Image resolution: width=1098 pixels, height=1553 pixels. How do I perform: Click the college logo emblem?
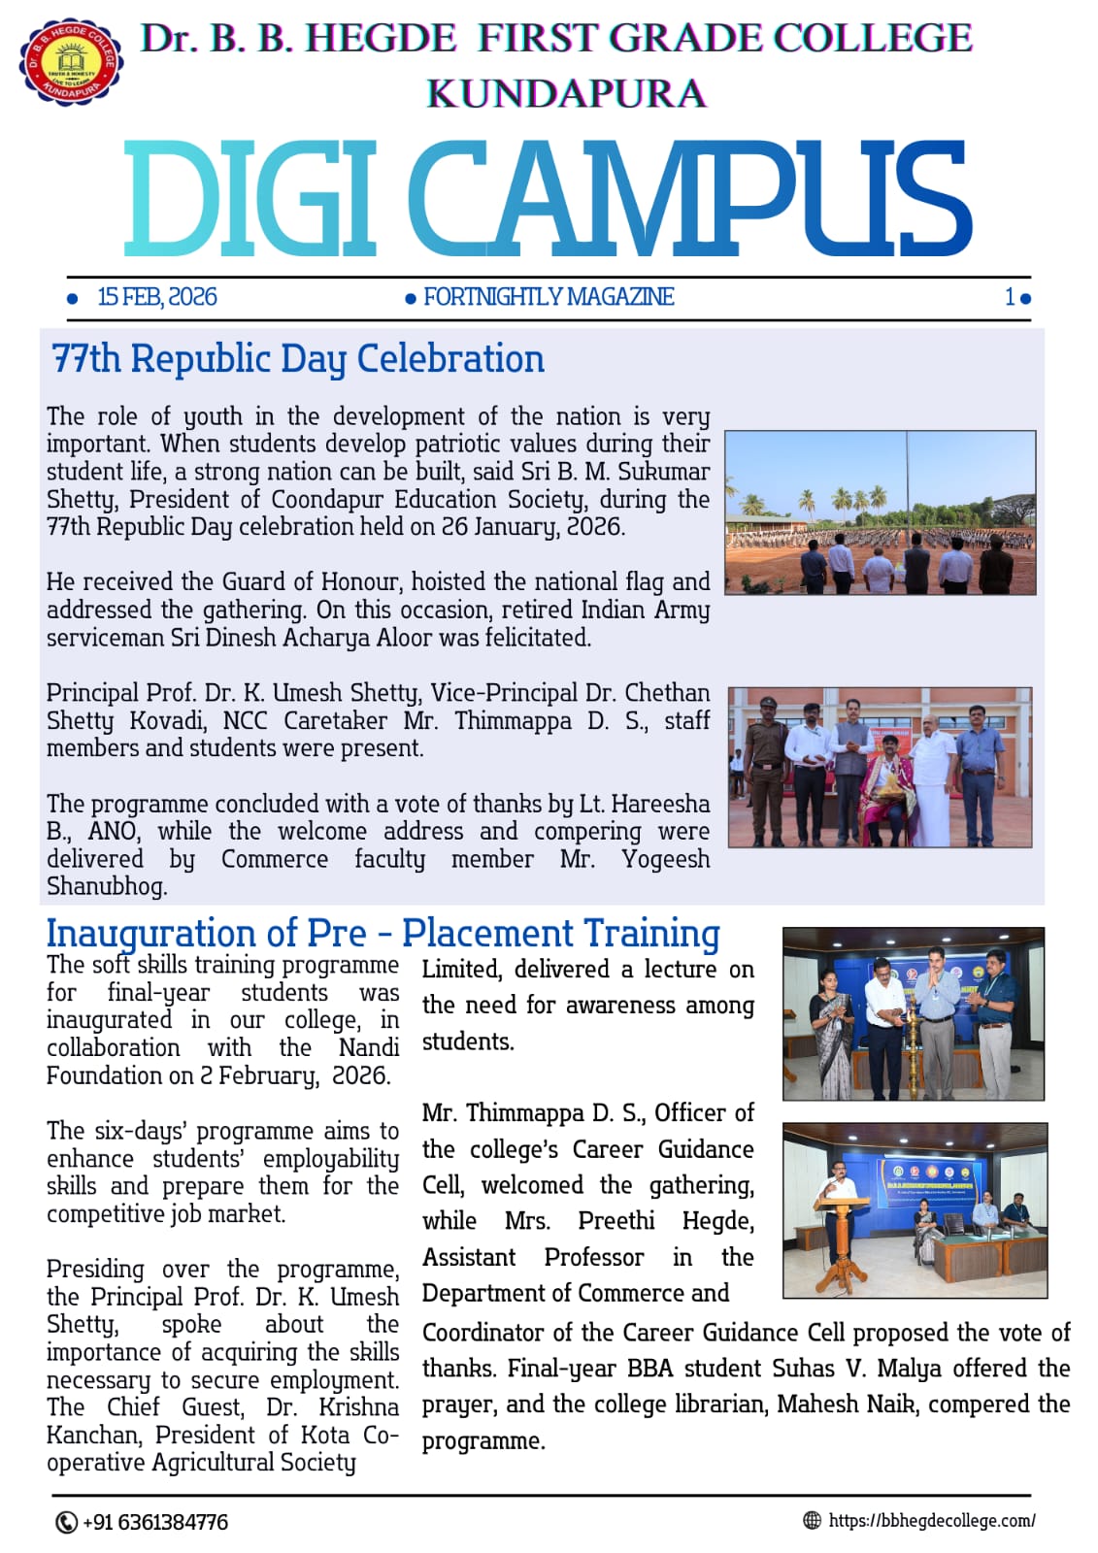tap(71, 61)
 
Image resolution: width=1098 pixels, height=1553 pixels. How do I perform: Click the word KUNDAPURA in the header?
tap(566, 94)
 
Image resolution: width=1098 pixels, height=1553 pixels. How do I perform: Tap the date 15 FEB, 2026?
tap(157, 297)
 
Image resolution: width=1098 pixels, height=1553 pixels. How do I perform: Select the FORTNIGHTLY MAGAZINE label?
tap(549, 297)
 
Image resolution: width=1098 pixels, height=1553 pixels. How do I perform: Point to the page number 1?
tap(1010, 297)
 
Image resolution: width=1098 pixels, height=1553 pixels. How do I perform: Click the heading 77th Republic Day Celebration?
tap(298, 359)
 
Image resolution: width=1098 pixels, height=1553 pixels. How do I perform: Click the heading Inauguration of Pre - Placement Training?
tap(383, 933)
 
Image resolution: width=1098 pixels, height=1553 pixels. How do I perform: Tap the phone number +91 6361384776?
tap(155, 1522)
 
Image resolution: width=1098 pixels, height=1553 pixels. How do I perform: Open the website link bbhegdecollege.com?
tap(932, 1521)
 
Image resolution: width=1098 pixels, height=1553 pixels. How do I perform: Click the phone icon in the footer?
tap(66, 1522)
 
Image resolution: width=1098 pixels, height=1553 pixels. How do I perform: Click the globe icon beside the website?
tap(813, 1521)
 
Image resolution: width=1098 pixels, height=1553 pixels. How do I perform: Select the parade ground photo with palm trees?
tap(880, 512)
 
